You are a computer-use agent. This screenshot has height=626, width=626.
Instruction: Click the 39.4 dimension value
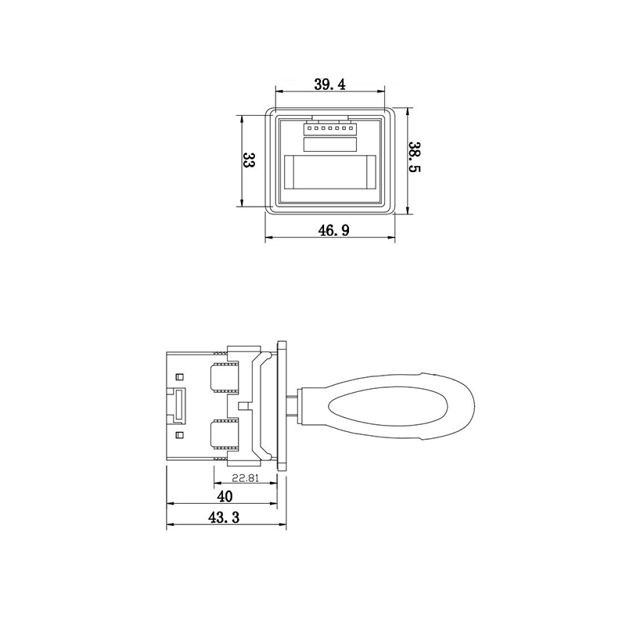click(x=329, y=85)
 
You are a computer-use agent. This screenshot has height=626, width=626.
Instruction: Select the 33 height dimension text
click(x=248, y=160)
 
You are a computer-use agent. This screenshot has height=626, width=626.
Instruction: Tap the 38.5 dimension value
click(x=415, y=157)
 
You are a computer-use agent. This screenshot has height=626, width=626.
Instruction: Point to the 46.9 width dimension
click(x=333, y=230)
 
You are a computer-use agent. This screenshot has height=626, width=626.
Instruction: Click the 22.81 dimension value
click(x=246, y=477)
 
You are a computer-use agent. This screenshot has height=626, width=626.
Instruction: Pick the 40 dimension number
click(x=225, y=497)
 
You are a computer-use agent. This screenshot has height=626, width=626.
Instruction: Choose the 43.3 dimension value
click(x=224, y=517)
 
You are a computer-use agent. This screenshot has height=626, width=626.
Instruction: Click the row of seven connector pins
click(x=329, y=128)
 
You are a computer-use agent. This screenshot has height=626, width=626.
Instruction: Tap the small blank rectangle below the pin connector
click(x=329, y=145)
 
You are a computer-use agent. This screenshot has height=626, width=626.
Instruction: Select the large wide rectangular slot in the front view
click(x=329, y=172)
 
